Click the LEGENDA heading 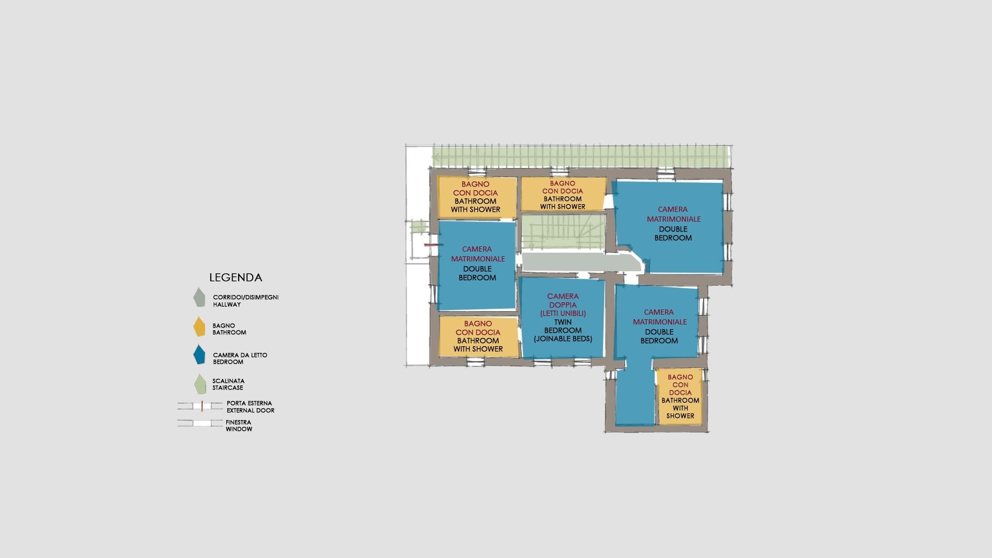click(x=236, y=277)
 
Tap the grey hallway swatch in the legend click(x=199, y=298)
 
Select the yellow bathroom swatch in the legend click(x=199, y=327)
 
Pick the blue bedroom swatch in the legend click(x=199, y=355)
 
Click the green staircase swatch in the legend click(x=200, y=384)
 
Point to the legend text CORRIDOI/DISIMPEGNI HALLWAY click(x=246, y=301)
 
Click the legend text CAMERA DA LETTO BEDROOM click(x=240, y=359)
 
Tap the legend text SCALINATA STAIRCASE click(x=228, y=384)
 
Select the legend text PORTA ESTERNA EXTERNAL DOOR click(x=250, y=407)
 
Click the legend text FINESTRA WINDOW click(x=238, y=426)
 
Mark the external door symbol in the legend click(x=200, y=406)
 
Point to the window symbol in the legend click(x=200, y=423)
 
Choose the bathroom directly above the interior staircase click(x=563, y=194)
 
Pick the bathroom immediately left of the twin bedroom click(x=478, y=336)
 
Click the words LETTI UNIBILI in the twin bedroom click(x=563, y=313)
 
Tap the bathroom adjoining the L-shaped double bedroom click(x=680, y=396)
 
